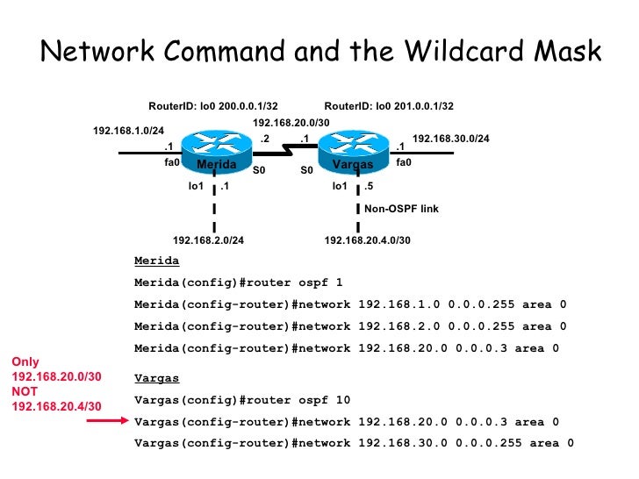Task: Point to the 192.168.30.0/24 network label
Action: coord(451,139)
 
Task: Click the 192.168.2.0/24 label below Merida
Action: coord(208,239)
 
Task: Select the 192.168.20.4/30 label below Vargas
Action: coord(368,239)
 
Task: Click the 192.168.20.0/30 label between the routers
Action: coord(291,123)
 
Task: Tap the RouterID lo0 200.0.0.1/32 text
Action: coord(212,106)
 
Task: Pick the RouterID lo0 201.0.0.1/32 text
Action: coord(389,106)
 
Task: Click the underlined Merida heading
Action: coord(156,261)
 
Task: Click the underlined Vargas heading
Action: coord(156,379)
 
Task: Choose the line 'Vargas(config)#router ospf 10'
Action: coord(241,400)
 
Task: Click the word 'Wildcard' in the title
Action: coord(444,52)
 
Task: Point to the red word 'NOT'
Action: coord(24,392)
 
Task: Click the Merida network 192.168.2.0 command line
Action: coord(350,326)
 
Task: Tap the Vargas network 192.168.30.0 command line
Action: coord(354,443)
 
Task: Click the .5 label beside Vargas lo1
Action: coord(369,186)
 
